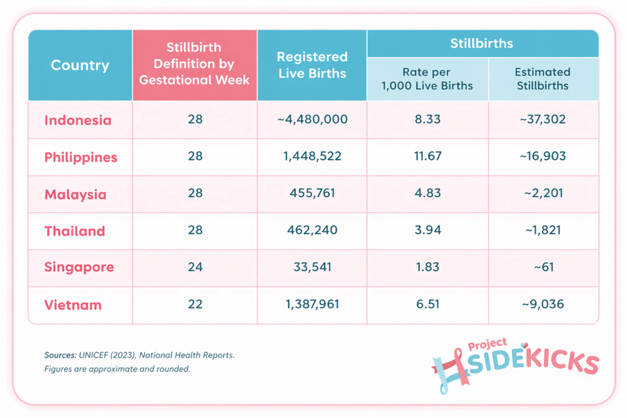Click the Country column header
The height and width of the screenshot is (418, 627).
tap(80, 65)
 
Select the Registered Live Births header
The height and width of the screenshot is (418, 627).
tap(312, 65)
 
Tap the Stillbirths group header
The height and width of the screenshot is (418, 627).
tap(482, 43)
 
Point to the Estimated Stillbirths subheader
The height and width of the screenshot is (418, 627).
tap(543, 79)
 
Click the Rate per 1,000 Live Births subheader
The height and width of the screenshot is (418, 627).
tap(427, 79)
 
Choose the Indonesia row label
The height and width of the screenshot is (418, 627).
tap(78, 120)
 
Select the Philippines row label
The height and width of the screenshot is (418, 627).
tap(81, 157)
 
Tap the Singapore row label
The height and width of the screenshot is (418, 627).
tap(79, 267)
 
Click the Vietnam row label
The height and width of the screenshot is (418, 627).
tap(73, 305)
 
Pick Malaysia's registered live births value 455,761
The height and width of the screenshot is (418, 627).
tap(312, 194)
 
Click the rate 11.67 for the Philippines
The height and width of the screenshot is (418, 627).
tap(427, 157)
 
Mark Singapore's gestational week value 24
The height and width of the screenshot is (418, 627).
tap(195, 267)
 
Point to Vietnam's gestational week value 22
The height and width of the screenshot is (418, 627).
tap(195, 304)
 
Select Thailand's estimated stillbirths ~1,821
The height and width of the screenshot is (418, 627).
tap(543, 231)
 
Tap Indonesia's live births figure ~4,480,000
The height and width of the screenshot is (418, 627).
tap(312, 120)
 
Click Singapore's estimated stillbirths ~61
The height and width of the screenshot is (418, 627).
tap(543, 267)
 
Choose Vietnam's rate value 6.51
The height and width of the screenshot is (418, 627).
tap(427, 304)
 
